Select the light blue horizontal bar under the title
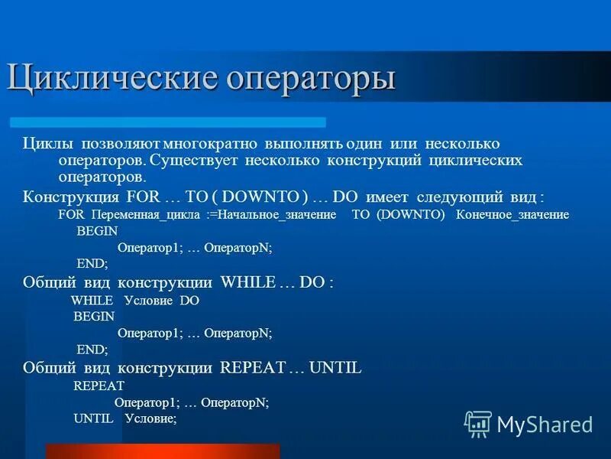tap(167, 122)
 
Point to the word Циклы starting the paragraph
tap(47, 144)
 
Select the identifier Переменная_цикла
tap(147, 215)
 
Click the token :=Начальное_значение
tap(271, 215)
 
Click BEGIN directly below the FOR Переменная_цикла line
tap(97, 231)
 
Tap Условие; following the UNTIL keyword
tap(150, 418)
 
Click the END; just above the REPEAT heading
tap(92, 349)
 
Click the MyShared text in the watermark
tap(545, 424)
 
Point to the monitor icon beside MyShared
tap(478, 423)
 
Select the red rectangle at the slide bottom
tap(163, 451)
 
